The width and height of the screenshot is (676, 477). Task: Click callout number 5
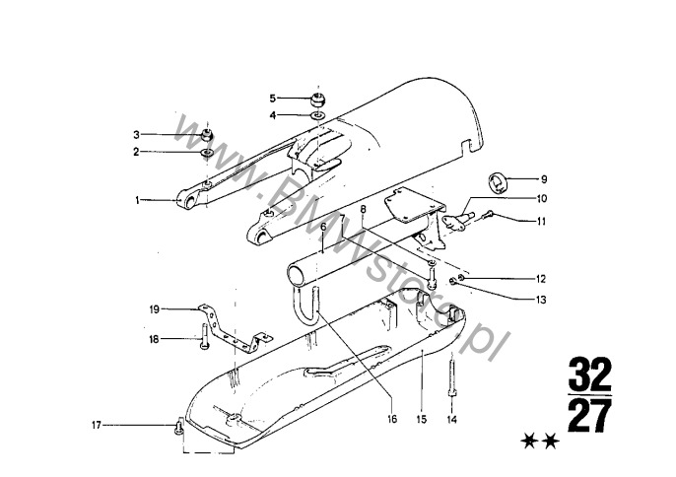click(x=272, y=99)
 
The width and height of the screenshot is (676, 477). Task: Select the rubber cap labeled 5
click(x=318, y=101)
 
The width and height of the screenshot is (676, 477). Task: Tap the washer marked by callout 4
click(x=318, y=115)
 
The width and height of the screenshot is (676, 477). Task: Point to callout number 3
click(x=137, y=135)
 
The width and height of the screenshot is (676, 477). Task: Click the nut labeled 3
click(x=207, y=135)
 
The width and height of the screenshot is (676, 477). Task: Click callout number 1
click(x=138, y=200)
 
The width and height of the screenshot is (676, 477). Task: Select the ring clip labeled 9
click(x=498, y=182)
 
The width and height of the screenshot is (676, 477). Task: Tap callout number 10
click(x=542, y=198)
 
